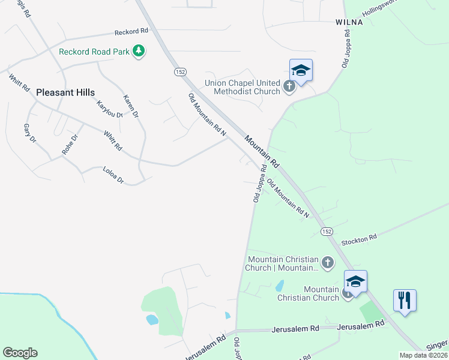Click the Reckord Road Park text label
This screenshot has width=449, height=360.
pos(94,52)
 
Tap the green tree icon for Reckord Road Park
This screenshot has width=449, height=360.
pos(139,51)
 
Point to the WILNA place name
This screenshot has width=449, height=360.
pos(349,22)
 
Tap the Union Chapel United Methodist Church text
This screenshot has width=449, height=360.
pos(243,87)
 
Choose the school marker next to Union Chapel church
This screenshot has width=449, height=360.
pos(301,70)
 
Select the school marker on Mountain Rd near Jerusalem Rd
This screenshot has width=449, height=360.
pos(355,281)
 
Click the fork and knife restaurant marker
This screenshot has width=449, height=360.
pos(405,299)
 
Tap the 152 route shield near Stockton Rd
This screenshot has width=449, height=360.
pos(327,231)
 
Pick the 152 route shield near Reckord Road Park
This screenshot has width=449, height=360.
pos(180,71)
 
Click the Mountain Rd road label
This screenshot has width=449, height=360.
pos(262,150)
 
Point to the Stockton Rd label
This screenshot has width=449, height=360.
pos(359,238)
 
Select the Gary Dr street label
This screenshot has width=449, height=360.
pos(30,133)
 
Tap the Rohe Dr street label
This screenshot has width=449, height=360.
pos(70,145)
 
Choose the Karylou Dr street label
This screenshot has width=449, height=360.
pos(109,109)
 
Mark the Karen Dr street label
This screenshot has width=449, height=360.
pos(131,106)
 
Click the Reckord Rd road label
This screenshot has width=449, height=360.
pos(131,31)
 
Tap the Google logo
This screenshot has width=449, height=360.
pos(20,353)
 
